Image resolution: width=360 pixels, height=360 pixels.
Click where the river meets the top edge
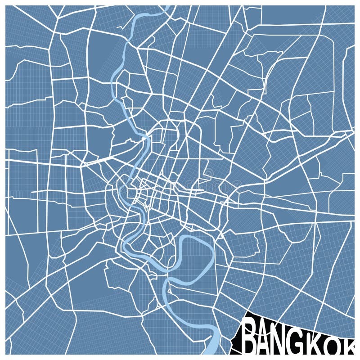point(168,7)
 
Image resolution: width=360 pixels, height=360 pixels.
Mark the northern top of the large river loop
point(193,237)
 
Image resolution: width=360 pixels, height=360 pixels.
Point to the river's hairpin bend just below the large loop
point(167,283)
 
